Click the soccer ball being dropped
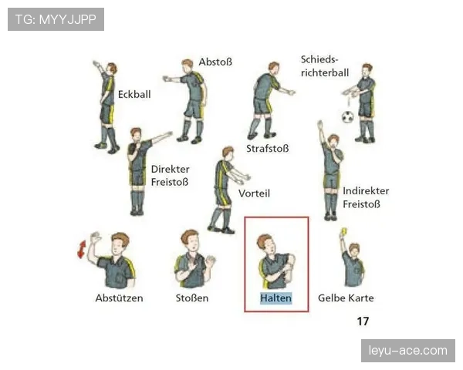click(347, 117)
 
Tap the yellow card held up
click(343, 231)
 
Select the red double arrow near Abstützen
click(82, 249)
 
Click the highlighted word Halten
click(275, 298)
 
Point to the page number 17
click(363, 321)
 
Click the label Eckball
click(134, 94)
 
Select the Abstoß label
click(215, 62)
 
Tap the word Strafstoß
click(268, 149)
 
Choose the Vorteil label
click(254, 193)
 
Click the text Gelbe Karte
click(346, 298)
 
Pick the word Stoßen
click(192, 298)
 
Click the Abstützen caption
click(119, 298)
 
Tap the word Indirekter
click(366, 191)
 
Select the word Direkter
click(170, 169)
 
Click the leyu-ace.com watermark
click(407, 351)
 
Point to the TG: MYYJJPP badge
click(56, 19)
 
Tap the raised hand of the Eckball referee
click(96, 64)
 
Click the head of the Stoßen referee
click(190, 240)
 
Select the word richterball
click(325, 72)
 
